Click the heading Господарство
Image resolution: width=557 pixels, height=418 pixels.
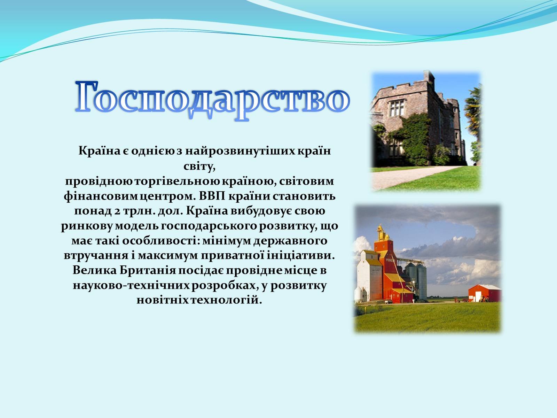coord(212,98)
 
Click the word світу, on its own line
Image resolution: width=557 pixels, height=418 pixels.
coord(199,167)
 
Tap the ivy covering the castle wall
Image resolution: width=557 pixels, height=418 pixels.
coord(414,138)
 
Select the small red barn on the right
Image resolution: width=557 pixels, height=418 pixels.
coord(485,293)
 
